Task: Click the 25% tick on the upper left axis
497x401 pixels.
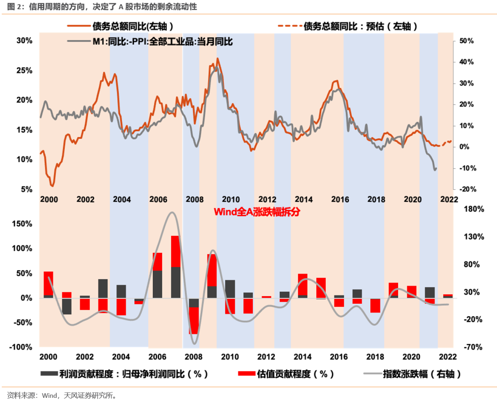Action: tap(24, 70)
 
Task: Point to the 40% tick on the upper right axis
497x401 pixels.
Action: tap(467, 62)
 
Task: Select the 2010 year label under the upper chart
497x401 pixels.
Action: tap(231, 199)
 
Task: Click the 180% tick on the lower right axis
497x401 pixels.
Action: tap(474, 209)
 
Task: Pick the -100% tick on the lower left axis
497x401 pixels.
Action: tap(23, 347)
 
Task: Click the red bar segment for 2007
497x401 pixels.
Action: tap(175, 251)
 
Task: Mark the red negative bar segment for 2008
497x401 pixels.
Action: tap(194, 320)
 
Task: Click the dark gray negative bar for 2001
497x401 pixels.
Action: tap(67, 306)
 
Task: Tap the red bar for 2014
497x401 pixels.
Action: tap(303, 284)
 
